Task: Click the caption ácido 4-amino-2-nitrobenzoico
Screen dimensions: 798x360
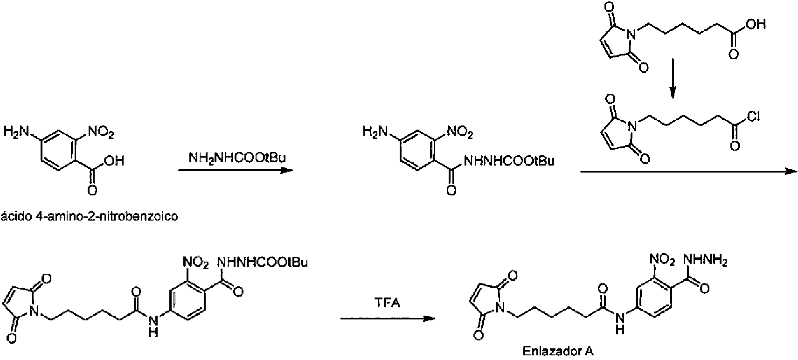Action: point(90,217)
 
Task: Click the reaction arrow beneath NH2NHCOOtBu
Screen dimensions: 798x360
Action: point(236,171)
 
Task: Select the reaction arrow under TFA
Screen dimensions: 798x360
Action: point(387,319)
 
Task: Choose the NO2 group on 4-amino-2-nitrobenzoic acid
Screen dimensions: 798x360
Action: point(100,133)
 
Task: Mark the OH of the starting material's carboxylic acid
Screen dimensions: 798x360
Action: point(113,161)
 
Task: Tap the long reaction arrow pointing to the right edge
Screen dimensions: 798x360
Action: point(688,172)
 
